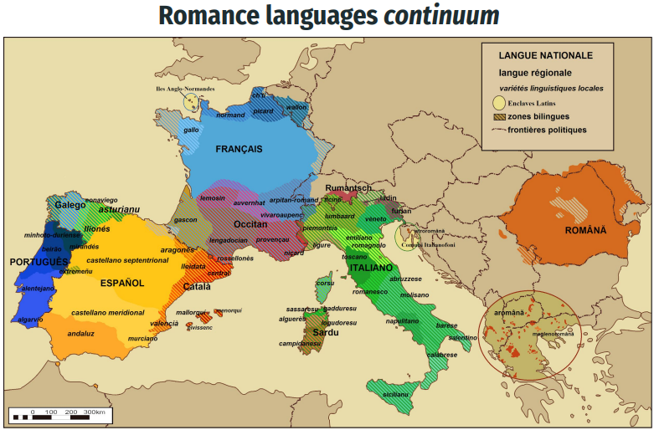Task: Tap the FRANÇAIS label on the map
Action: (x=239, y=149)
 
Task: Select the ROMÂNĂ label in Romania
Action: (x=584, y=230)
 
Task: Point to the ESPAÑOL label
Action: (x=122, y=283)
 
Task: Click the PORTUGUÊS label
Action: (x=39, y=262)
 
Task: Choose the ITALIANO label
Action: (x=371, y=268)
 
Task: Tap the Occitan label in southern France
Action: (x=250, y=224)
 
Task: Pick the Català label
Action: (x=197, y=286)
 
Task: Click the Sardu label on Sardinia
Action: (x=325, y=332)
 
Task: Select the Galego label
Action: (x=70, y=205)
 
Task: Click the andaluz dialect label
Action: (x=80, y=333)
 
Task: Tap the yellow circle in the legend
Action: (x=498, y=103)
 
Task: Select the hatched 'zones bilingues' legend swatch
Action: (x=498, y=116)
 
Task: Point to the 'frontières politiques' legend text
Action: (x=548, y=130)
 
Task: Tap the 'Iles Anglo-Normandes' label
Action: (x=185, y=88)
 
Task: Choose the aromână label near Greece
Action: (x=508, y=312)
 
